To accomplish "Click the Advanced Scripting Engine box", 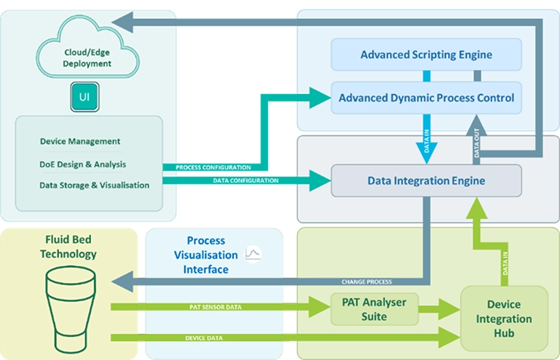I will tap(426, 54).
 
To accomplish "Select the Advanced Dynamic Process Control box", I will tap(426, 97).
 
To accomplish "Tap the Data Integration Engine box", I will tap(426, 180).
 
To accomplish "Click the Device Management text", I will tap(80, 142).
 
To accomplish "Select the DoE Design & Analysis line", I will tap(83, 164).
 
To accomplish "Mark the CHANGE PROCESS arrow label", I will tap(367, 282).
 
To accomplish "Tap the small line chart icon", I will tap(253, 254).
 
